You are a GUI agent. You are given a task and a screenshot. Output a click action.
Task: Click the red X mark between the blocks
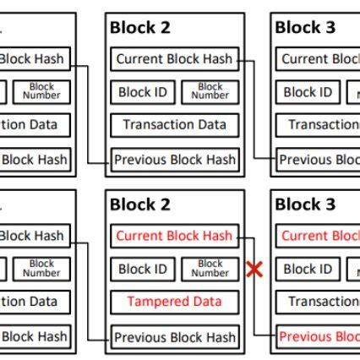[x=253, y=270]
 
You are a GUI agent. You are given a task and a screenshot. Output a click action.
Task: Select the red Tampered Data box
[x=174, y=302]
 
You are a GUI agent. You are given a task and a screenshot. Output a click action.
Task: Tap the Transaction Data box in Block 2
[x=174, y=125]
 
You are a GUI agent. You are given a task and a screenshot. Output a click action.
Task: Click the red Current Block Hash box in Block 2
[x=174, y=236]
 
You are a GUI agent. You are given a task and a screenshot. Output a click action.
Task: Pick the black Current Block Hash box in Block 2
[x=174, y=59]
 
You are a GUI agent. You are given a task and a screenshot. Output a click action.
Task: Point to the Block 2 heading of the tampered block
[x=140, y=205]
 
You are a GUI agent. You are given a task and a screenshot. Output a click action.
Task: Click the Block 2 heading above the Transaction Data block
[x=140, y=28]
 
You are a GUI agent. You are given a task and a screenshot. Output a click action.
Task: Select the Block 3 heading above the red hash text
[x=305, y=205]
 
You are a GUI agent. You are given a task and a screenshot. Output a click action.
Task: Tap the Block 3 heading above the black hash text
[x=305, y=28]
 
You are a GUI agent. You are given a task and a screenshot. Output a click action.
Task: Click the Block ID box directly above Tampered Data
[x=142, y=270]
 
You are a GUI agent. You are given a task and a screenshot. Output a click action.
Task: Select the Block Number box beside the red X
[x=210, y=270]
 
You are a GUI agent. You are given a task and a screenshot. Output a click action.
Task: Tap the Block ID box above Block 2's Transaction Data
[x=142, y=92]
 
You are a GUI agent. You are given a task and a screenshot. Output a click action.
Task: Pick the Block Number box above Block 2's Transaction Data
[x=210, y=92]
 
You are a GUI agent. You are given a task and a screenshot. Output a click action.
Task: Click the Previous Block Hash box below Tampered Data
[x=174, y=336]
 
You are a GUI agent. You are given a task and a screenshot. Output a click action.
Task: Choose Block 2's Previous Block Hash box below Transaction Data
[x=174, y=160]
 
